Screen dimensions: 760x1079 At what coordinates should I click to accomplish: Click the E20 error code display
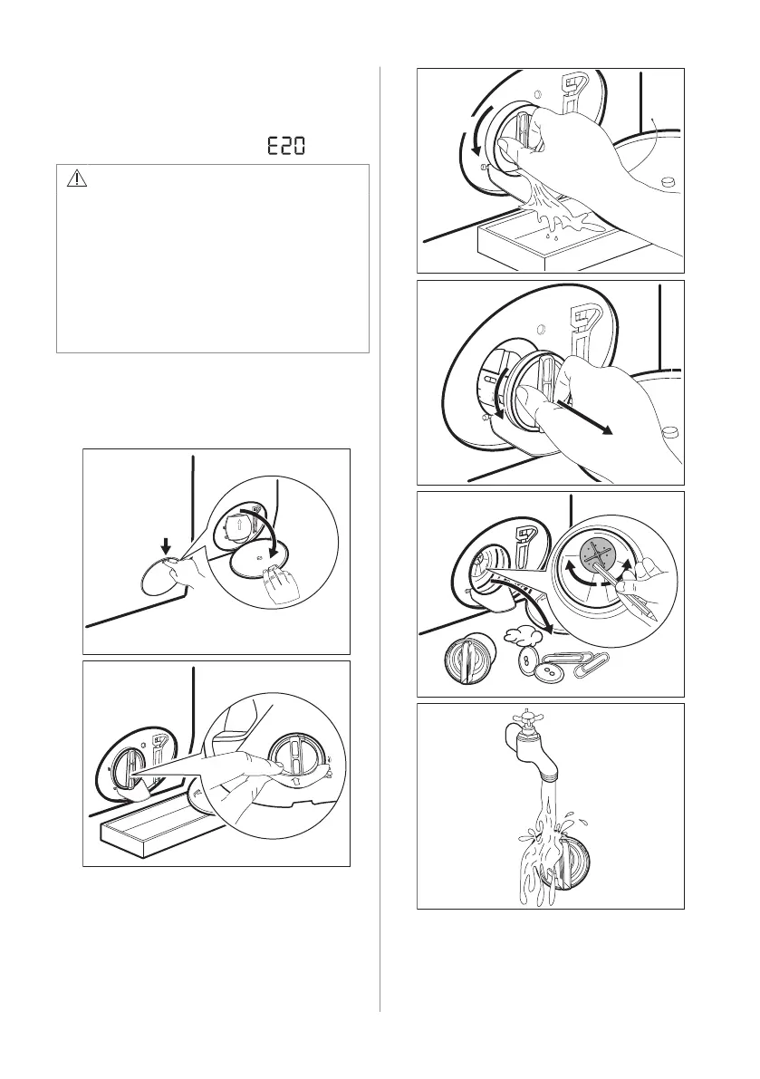285,146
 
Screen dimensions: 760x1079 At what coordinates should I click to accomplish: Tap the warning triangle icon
77,179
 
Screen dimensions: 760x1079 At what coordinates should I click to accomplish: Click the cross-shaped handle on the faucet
529,718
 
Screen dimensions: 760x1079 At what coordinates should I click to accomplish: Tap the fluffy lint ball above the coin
520,634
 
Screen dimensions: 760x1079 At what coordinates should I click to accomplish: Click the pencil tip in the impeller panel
654,618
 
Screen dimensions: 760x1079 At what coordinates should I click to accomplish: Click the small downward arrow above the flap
165,545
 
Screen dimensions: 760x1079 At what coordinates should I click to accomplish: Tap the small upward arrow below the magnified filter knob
297,781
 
